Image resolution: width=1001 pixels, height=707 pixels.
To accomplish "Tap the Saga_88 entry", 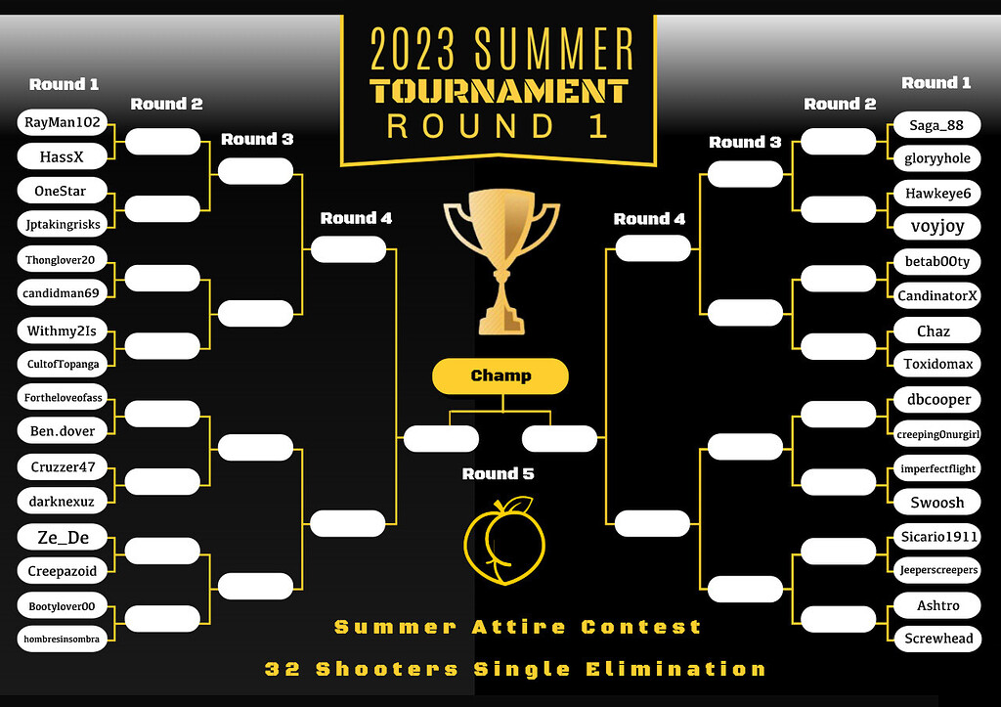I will coord(936,125).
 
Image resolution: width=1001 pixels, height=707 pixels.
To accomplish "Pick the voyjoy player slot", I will coord(936,226).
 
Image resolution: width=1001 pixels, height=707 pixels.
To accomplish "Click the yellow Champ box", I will coord(500,376).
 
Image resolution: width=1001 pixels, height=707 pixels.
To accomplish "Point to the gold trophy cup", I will coord(500,259).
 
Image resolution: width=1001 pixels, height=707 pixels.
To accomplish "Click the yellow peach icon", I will coord(500,543).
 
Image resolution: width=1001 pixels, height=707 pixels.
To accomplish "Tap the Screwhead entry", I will coord(936,638).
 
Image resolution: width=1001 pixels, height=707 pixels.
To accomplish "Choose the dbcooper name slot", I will coord(936,399).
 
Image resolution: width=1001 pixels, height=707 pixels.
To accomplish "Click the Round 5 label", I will coord(498,474).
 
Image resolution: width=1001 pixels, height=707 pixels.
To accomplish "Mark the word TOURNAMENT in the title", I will coord(499,91).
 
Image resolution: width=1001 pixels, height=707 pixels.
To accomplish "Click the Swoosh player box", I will coord(936,502).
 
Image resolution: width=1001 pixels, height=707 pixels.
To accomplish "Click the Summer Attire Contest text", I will coord(518,627).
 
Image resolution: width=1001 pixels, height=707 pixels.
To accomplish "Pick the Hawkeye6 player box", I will coord(936,194).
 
